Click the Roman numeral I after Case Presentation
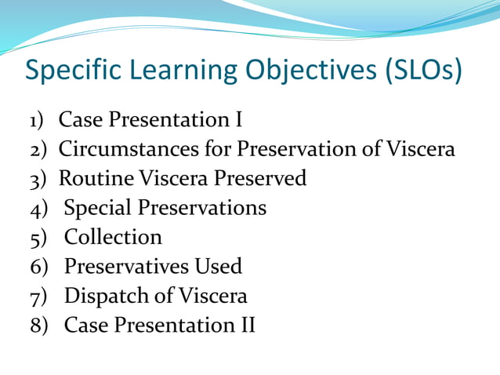pyautogui.click(x=238, y=120)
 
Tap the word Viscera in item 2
pyautogui.click(x=421, y=149)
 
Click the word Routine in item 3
pyautogui.click(x=96, y=178)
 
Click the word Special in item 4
pyautogui.click(x=98, y=208)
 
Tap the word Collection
pyautogui.click(x=113, y=237)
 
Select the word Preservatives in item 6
pyautogui.click(x=126, y=267)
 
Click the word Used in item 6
pyautogui.click(x=218, y=267)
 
